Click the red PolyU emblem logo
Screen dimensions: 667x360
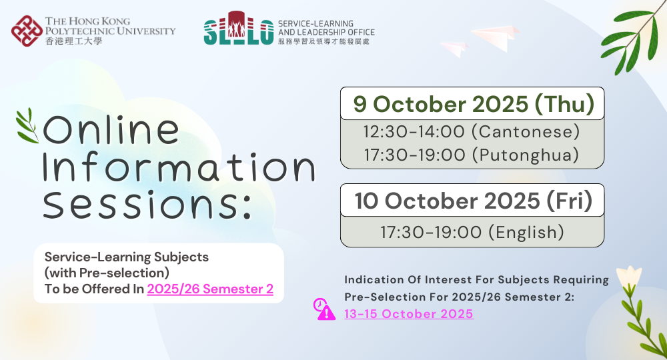27,31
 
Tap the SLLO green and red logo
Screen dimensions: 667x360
238,28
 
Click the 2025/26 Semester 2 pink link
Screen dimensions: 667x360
210,289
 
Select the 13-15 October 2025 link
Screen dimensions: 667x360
409,314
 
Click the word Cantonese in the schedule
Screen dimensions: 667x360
526,131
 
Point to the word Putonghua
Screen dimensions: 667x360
526,155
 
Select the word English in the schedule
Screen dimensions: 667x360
526,233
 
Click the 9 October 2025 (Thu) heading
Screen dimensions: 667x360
474,104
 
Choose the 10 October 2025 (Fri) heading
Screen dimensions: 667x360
474,201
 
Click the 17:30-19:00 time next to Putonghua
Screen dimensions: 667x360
415,155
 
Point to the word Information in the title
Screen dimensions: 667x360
179,167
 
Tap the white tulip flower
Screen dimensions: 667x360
629,276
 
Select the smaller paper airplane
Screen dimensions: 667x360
454,49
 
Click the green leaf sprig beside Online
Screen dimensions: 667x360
27,126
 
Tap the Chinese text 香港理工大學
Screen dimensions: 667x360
73,41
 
